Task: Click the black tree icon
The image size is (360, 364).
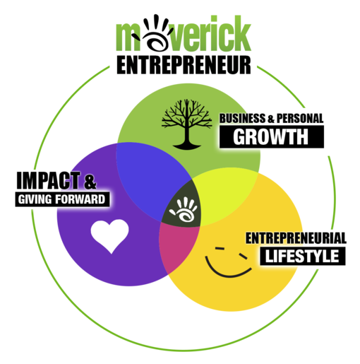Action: pyautogui.click(x=186, y=124)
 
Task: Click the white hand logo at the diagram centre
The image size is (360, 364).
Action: pyautogui.click(x=184, y=209)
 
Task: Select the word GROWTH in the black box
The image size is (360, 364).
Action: pyautogui.click(x=270, y=136)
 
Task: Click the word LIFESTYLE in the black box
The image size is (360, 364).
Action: pyautogui.click(x=302, y=256)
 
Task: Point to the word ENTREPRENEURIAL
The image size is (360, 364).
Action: pyautogui.click(x=296, y=238)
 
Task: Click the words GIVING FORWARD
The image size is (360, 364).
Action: pyautogui.click(x=61, y=199)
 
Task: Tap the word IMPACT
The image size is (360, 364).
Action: pyautogui.click(x=48, y=180)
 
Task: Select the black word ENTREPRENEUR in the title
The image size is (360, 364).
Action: pyautogui.click(x=184, y=65)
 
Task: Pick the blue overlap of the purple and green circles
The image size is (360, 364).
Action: pyautogui.click(x=150, y=179)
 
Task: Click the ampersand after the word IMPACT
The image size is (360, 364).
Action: pyautogui.click(x=90, y=182)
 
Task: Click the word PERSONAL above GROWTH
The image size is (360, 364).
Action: pyautogui.click(x=300, y=118)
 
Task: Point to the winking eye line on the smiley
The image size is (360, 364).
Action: pyautogui.click(x=243, y=256)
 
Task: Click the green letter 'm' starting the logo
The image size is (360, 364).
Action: pyautogui.click(x=127, y=37)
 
